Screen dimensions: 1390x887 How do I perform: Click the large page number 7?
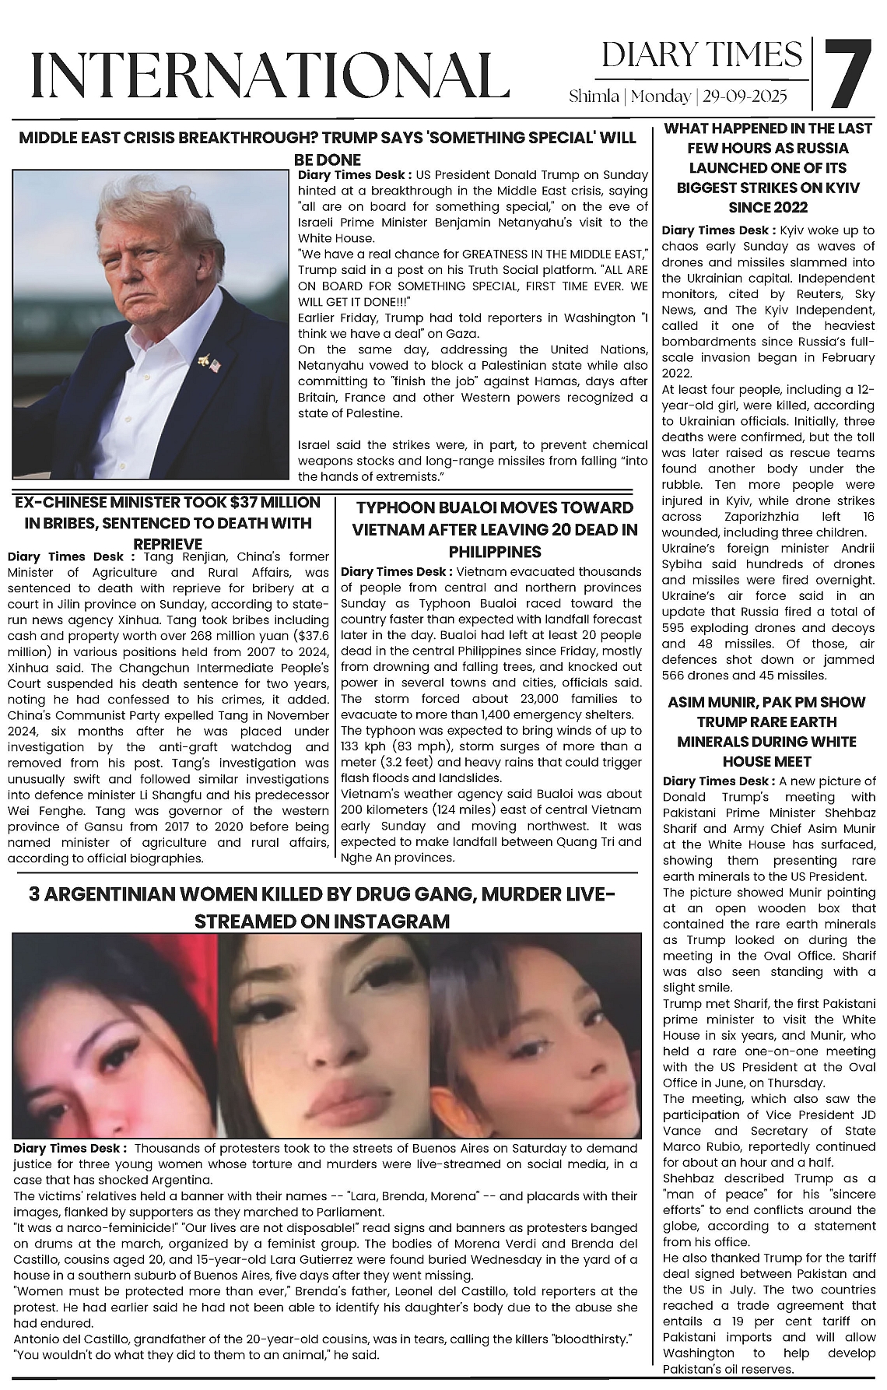click(x=847, y=74)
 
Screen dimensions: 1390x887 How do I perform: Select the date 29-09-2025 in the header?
click(x=745, y=97)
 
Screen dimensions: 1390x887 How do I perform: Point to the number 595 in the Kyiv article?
click(x=674, y=628)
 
